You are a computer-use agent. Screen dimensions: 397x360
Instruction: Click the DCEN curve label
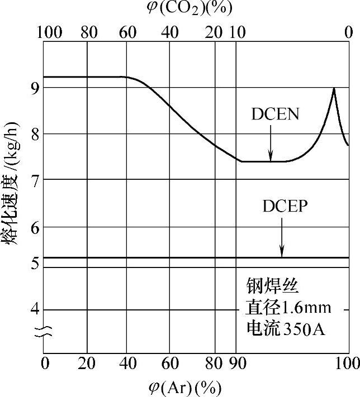pyautogui.click(x=275, y=114)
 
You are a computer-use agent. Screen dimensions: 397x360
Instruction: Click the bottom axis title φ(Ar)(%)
pyautogui.click(x=185, y=386)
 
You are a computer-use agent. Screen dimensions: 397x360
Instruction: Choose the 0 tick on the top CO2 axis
pyautogui.click(x=348, y=32)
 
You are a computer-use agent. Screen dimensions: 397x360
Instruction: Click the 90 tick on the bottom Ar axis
pyautogui.click(x=237, y=364)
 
